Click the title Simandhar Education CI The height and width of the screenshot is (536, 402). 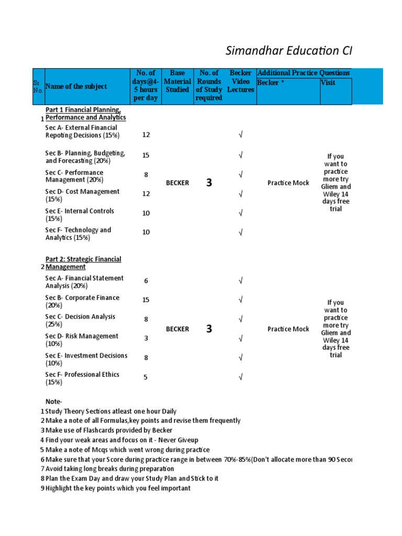288,51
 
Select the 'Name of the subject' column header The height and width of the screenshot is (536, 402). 76,86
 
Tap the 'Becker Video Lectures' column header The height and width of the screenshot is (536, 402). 241,81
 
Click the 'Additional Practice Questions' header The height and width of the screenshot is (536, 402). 304,73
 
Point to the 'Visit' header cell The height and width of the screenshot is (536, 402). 328,83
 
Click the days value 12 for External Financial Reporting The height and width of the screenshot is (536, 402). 146,135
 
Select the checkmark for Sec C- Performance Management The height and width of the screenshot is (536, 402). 241,174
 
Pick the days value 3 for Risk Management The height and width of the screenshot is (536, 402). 146,338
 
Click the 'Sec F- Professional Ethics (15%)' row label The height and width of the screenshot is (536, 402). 82,378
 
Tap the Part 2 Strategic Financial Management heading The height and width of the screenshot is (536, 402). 83,263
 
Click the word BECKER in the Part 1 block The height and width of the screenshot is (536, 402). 177,183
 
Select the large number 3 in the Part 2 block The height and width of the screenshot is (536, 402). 209,329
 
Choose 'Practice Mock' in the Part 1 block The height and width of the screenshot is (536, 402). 288,183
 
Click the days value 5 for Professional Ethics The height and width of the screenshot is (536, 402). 146,376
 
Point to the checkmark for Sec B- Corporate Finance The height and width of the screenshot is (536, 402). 241,300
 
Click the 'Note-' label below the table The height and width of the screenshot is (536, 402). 53,401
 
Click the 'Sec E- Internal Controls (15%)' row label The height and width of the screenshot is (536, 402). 80,215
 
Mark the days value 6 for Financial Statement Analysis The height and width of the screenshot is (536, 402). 146,281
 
